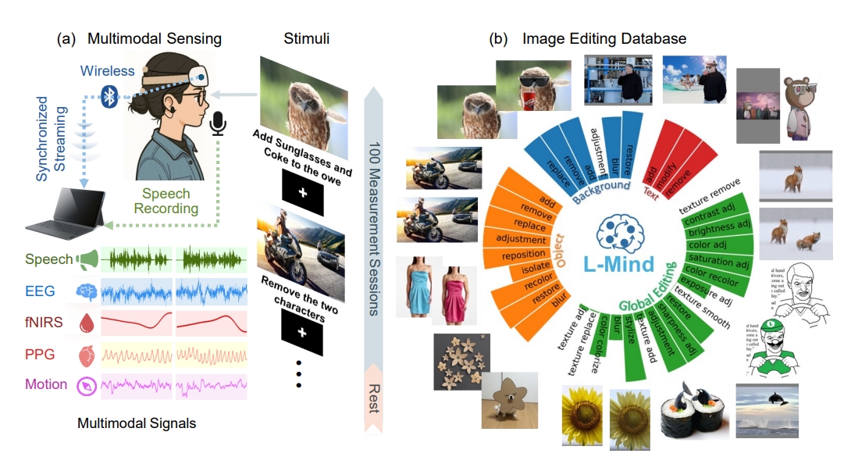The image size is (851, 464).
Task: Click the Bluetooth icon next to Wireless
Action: click(x=112, y=98)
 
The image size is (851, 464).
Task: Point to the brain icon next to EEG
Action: click(x=86, y=291)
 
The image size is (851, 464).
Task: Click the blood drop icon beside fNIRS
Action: click(x=86, y=323)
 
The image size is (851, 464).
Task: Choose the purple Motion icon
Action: click(x=85, y=385)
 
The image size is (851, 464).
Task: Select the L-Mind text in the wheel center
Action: click(x=618, y=263)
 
